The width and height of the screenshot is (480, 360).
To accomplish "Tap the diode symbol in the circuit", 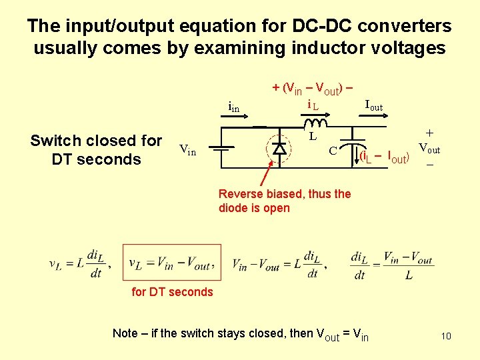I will [x=280, y=148].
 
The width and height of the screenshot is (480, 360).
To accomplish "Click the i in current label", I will [x=233, y=107].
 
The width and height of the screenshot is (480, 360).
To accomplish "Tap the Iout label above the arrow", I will [x=373, y=105].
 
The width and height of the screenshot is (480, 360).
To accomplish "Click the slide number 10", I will [x=445, y=336].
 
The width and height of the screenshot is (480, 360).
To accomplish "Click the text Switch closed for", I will [x=96, y=141].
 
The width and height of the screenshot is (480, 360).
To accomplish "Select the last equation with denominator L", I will [x=385, y=265].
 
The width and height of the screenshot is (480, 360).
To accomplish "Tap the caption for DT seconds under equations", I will [x=172, y=291].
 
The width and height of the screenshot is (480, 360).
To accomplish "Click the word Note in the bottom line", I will [x=125, y=333].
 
